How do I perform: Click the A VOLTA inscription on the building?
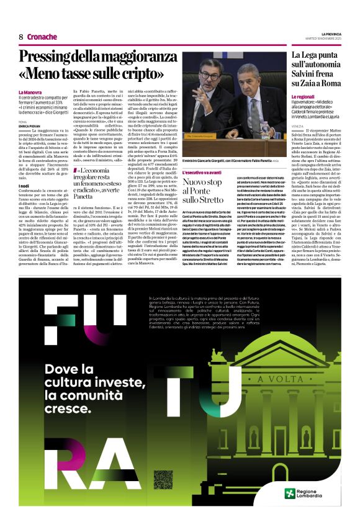(274, 379)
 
